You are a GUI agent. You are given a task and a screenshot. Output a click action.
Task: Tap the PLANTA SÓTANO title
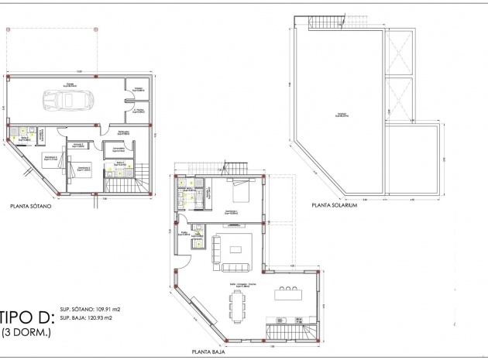pos(32,207)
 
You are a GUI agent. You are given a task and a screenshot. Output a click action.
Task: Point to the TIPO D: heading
pos(26,317)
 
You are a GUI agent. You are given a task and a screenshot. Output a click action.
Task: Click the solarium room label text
pos(342,115)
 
